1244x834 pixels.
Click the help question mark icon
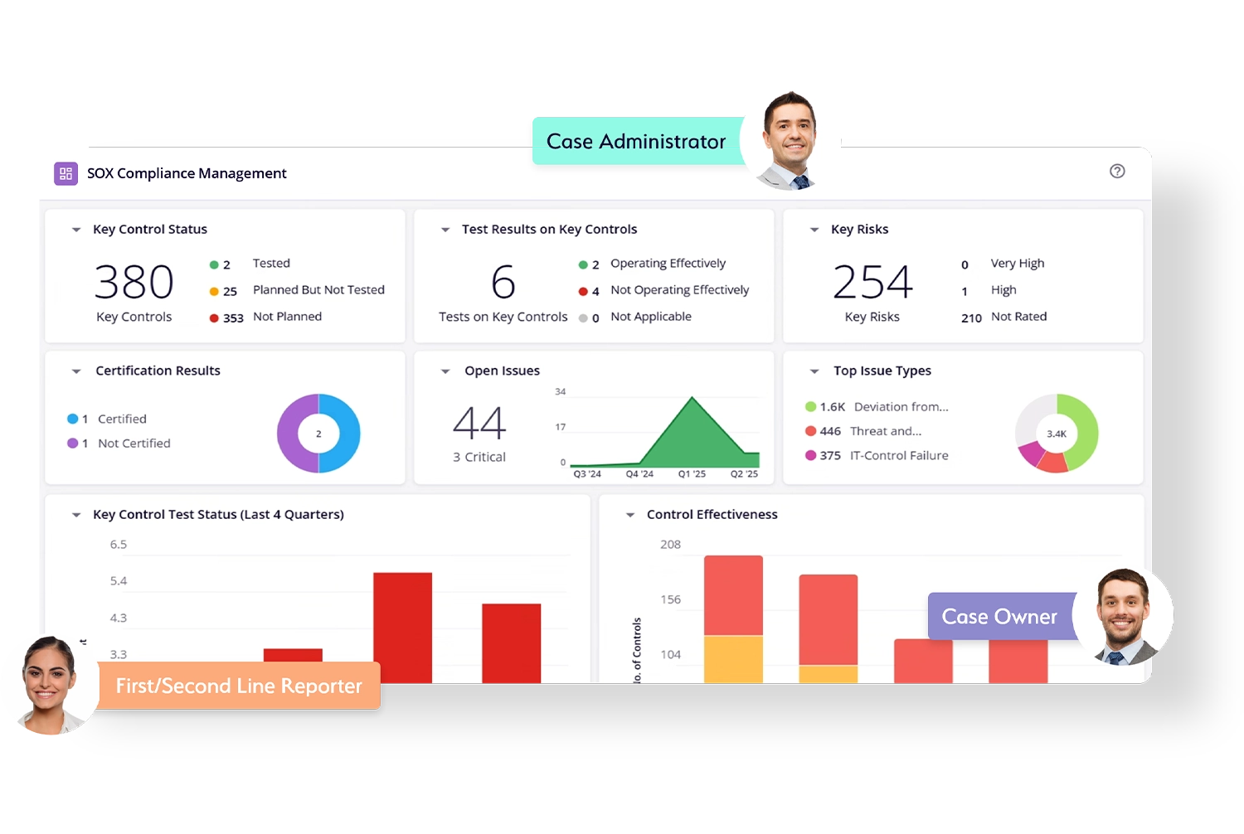click(1117, 172)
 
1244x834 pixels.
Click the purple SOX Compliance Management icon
click(66, 173)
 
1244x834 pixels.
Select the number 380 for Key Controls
click(134, 282)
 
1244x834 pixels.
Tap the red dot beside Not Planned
click(214, 318)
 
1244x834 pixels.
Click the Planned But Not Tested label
click(318, 290)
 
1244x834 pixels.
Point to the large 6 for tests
click(503, 282)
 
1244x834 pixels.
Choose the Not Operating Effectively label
click(679, 290)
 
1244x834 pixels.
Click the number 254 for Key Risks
click(872, 282)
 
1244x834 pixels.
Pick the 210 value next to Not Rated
click(971, 318)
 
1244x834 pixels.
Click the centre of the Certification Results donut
click(318, 434)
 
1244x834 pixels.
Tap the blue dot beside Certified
click(73, 419)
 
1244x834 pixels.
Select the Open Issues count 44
click(479, 423)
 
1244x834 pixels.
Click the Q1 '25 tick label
click(692, 474)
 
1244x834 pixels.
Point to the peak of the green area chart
click(692, 399)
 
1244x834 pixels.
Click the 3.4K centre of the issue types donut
click(1057, 434)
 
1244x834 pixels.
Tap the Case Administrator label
click(636, 142)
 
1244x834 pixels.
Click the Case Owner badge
click(999, 617)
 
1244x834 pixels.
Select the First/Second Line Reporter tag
click(239, 686)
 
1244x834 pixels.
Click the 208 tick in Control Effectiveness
click(670, 545)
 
